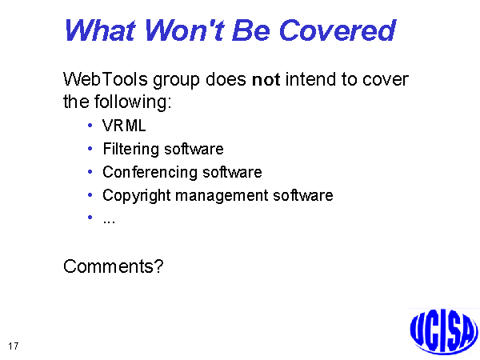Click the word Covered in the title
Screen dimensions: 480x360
[338, 30]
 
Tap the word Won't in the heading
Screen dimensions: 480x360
[186, 30]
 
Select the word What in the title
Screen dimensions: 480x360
[100, 30]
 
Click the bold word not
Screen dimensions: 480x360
[266, 79]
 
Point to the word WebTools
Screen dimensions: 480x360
[106, 79]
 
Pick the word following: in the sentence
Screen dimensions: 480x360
[133, 102]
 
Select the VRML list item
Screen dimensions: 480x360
[124, 126]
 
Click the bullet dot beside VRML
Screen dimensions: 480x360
[90, 126]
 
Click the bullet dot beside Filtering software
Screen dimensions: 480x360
[90, 149]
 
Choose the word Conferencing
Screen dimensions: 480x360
[150, 173]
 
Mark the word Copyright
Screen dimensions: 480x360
[136, 196]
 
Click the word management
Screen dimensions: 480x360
[222, 196]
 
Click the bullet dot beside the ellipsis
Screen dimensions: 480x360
[90, 218]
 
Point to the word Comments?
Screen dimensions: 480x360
[114, 266]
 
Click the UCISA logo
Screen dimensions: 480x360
[444, 332]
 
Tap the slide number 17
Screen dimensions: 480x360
[14, 346]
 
